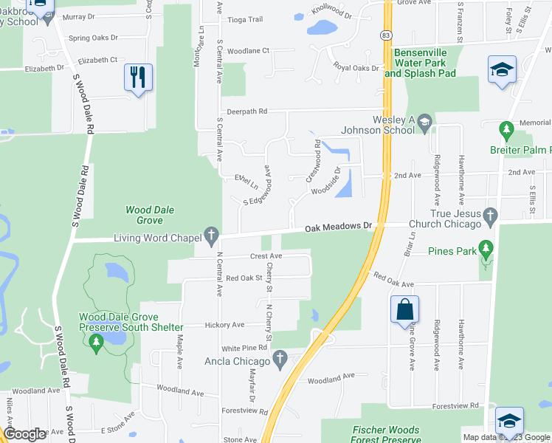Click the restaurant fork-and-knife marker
(x=138, y=77)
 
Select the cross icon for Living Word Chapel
(x=212, y=237)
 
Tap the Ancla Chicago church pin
(x=279, y=361)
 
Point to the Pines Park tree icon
(x=486, y=248)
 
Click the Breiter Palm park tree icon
(x=506, y=131)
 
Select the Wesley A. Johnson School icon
(x=424, y=122)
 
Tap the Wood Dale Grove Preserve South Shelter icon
(x=96, y=342)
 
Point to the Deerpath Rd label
(x=246, y=111)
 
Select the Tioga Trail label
(x=246, y=20)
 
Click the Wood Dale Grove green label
(x=150, y=215)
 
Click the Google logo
(x=25, y=434)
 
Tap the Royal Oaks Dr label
(x=356, y=68)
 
